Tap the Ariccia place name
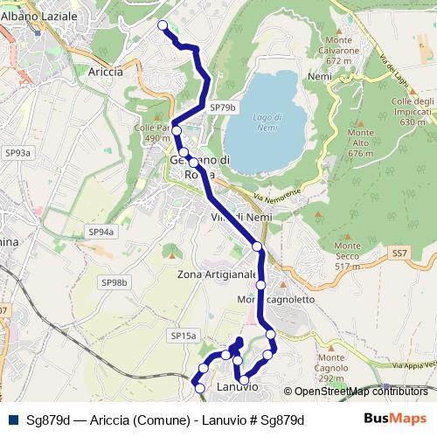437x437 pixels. pyautogui.click(x=106, y=72)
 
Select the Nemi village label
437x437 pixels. pyautogui.click(x=320, y=77)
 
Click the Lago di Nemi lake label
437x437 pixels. pyautogui.click(x=267, y=122)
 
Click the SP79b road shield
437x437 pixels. pyautogui.click(x=223, y=107)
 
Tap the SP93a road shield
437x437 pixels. pyautogui.click(x=17, y=153)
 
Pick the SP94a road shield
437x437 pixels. pyautogui.click(x=101, y=232)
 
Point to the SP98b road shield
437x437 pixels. pyautogui.click(x=114, y=282)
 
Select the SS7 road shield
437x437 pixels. pyautogui.click(x=399, y=253)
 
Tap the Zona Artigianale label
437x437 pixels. pyautogui.click(x=218, y=274)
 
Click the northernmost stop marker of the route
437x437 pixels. pyautogui.click(x=162, y=25)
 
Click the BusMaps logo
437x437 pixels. pyautogui.click(x=395, y=419)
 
